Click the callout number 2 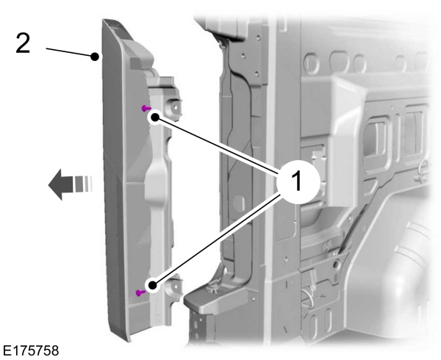point(23,43)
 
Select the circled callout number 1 point(298,182)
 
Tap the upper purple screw point(146,108)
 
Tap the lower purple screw point(140,293)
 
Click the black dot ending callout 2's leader point(95,57)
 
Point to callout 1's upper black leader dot point(155,118)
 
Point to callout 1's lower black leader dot point(152,286)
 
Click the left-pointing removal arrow point(71,184)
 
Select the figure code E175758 point(31,351)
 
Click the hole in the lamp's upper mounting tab point(175,107)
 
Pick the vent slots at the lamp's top point(113,24)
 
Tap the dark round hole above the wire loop point(336,264)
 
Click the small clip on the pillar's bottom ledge point(213,288)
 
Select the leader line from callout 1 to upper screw point(217,146)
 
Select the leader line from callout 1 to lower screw point(217,240)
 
